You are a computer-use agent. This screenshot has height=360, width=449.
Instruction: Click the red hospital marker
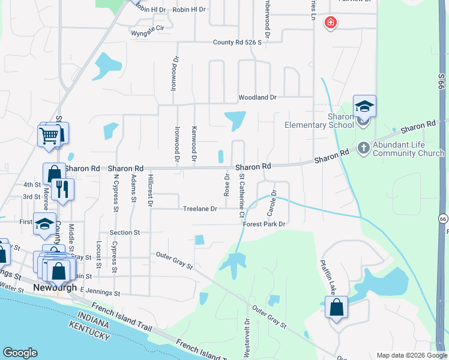(330, 23)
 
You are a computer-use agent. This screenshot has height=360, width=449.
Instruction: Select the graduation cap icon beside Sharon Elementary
(364, 107)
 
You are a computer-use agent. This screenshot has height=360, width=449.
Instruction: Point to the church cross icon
(363, 148)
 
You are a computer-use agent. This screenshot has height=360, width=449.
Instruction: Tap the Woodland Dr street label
(257, 97)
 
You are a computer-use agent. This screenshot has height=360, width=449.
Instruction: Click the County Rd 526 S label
(238, 43)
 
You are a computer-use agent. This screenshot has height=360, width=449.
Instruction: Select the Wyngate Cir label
(147, 28)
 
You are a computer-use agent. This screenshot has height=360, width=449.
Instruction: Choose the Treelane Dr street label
(200, 209)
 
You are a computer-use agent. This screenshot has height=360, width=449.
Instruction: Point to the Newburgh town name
(55, 287)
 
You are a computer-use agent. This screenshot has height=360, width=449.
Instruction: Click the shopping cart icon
(49, 135)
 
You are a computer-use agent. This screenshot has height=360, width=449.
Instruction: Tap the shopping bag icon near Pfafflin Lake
(336, 308)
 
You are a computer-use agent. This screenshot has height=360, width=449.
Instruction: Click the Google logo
(20, 353)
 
